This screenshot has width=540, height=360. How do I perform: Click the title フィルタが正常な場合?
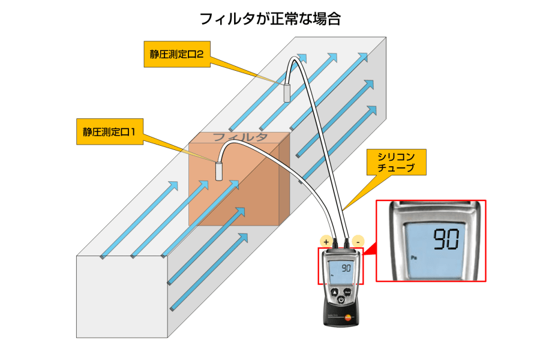[270, 19]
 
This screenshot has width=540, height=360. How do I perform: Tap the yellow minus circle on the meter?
[357, 241]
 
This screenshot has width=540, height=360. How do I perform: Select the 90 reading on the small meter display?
[346, 268]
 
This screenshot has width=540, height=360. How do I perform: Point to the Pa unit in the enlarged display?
[414, 256]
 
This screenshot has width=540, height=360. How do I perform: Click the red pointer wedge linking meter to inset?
[370, 251]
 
